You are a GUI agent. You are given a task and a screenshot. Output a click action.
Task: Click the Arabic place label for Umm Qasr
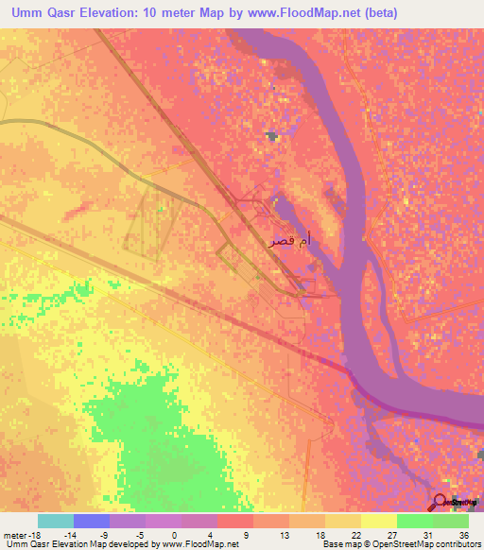pos(289,242)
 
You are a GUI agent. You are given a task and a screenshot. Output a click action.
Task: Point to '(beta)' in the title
pos(378,13)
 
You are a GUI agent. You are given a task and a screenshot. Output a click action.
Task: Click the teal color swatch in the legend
pos(55,521)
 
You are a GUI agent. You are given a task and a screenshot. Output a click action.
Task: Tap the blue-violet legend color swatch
pos(91,521)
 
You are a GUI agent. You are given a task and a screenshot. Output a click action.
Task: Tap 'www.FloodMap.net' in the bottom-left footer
pos(200,544)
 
